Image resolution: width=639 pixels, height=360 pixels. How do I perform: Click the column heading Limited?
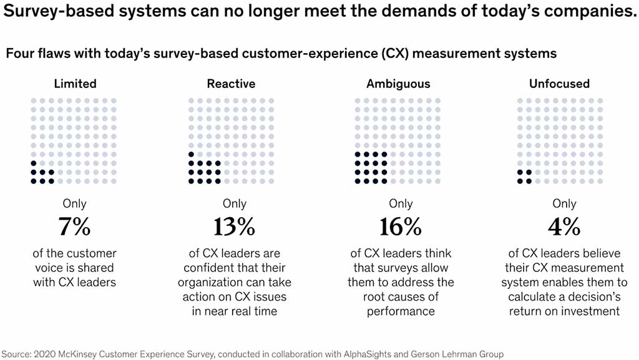pyautogui.click(x=75, y=84)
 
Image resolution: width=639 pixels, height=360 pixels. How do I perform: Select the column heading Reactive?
pyautogui.click(x=231, y=84)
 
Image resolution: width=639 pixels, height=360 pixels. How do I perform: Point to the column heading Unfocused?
pyautogui.click(x=559, y=84)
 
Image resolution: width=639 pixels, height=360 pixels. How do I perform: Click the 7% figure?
pyautogui.click(x=74, y=227)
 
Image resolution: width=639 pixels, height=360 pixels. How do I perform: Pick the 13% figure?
pyautogui.click(x=234, y=227)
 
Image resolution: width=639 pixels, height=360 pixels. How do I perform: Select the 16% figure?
pyautogui.click(x=401, y=227)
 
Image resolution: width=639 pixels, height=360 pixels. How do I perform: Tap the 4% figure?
pyautogui.click(x=564, y=227)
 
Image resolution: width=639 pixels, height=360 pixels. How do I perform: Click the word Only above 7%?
pyautogui.click(x=74, y=203)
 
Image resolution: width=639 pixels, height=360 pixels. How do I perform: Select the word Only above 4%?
pyautogui.click(x=564, y=203)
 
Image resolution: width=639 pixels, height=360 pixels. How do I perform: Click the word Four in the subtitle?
pyautogui.click(x=20, y=54)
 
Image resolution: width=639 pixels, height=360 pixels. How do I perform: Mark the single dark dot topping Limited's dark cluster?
pyautogui.click(x=33, y=163)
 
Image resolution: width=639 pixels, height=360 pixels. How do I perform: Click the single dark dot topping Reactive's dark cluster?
pyautogui.click(x=191, y=155)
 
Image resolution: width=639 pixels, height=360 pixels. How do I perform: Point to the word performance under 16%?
pyautogui.click(x=401, y=311)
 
